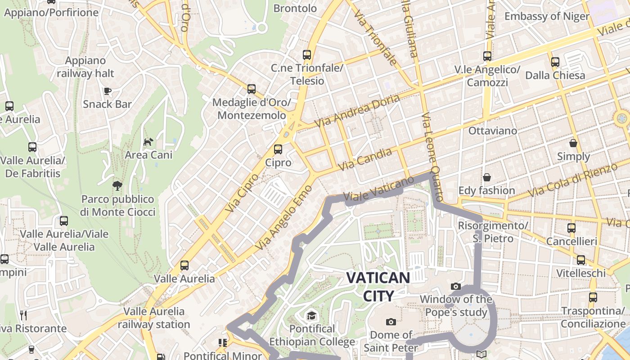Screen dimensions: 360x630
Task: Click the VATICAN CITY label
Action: point(378,286)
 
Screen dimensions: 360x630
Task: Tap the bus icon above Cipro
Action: point(278,149)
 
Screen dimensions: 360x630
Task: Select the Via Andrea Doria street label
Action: point(356,111)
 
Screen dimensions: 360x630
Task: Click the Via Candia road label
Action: point(364,160)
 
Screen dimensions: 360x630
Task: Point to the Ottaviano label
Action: point(493,131)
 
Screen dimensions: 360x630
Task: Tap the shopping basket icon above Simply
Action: point(573,143)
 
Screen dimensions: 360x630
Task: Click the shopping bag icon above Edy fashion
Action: point(486,177)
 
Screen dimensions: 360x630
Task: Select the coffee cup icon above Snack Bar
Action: point(108,91)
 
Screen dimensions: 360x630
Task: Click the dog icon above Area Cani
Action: point(148,142)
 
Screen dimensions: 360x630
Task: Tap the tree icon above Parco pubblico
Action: point(117,185)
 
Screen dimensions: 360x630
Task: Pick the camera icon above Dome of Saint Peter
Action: point(391,322)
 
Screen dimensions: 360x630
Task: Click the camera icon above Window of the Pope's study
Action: point(456,286)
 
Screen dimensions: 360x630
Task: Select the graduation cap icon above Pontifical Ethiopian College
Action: point(311,315)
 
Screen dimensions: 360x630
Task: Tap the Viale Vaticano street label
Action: point(378,189)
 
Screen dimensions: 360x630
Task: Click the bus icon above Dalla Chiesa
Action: point(555,62)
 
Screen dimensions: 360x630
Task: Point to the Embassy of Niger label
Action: point(546,17)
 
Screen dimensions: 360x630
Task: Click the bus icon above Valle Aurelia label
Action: point(184,265)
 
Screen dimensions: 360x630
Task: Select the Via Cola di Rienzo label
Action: point(572,180)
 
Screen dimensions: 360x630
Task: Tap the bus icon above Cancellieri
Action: point(571,228)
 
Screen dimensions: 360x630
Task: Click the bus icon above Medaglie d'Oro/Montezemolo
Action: point(252,89)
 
